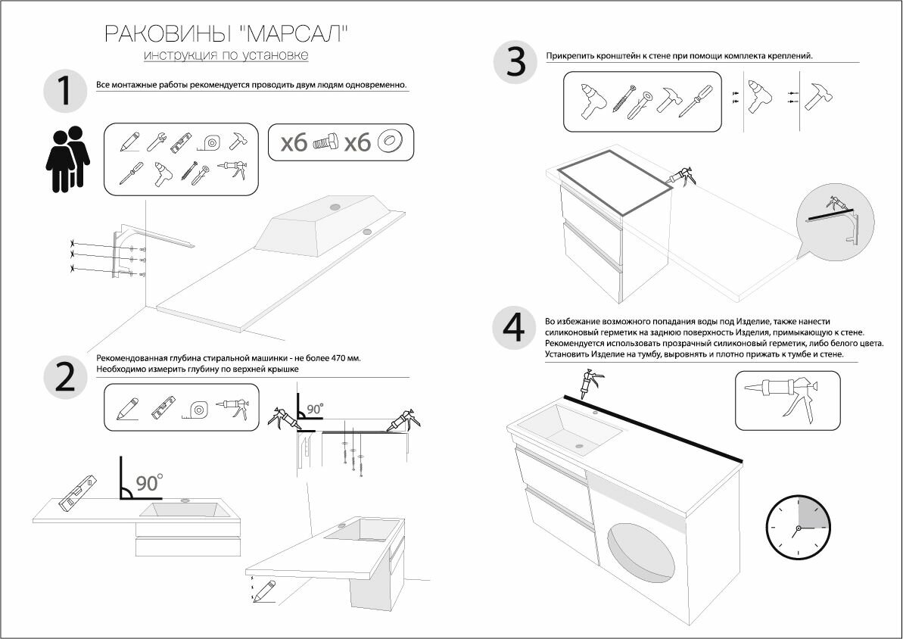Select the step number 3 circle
pos(515,61)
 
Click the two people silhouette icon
pos(67,158)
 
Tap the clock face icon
pos(798,528)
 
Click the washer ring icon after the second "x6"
pos(391,142)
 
